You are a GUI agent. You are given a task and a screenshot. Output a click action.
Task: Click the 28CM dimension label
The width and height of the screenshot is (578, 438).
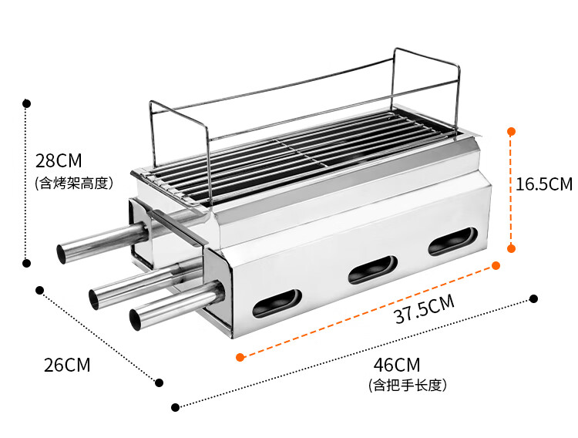tap(58, 161)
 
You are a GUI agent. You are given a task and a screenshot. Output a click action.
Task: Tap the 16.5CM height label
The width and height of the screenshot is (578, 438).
tap(544, 184)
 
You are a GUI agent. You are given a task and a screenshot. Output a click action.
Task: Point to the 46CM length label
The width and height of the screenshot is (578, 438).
tap(397, 364)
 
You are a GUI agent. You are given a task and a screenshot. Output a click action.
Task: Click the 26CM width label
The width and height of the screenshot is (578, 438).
tap(67, 365)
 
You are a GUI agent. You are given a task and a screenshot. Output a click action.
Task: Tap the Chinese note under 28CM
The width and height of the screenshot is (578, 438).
tap(74, 183)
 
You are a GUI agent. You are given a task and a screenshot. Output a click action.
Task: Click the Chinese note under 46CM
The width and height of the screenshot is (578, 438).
tap(408, 384)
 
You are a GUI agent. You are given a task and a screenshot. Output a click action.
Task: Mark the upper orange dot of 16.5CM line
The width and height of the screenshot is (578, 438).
tap(511, 132)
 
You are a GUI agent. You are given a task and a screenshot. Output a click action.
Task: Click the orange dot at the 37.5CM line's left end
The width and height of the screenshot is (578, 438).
tap(240, 357)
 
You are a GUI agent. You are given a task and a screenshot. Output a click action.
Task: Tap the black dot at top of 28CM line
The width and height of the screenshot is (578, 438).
tap(27, 103)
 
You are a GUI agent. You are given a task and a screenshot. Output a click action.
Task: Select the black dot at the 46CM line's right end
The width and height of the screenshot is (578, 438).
tap(533, 298)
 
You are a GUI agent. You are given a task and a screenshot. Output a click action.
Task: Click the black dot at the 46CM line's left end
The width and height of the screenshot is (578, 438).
tap(176, 406)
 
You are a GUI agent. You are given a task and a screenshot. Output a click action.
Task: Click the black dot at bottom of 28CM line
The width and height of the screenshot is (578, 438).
tap(27, 263)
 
